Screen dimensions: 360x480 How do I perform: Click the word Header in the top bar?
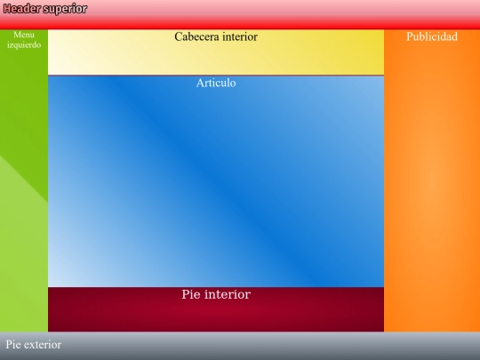[x=21, y=9]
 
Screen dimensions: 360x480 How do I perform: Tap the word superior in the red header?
[x=66, y=9]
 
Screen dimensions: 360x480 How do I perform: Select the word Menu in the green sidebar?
[x=24, y=35]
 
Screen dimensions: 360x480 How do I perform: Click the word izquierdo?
[x=24, y=44]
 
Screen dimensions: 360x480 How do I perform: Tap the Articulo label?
[x=216, y=84]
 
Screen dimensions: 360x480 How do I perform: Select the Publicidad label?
[x=431, y=37]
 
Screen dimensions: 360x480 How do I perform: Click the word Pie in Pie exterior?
[x=13, y=345]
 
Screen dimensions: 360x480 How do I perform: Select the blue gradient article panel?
[x=216, y=187]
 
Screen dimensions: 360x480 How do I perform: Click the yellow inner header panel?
[x=216, y=59]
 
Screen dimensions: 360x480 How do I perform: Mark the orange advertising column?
[x=431, y=187]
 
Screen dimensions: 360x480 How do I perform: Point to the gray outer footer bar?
[x=267, y=346]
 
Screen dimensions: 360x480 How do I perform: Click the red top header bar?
[x=267, y=13]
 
